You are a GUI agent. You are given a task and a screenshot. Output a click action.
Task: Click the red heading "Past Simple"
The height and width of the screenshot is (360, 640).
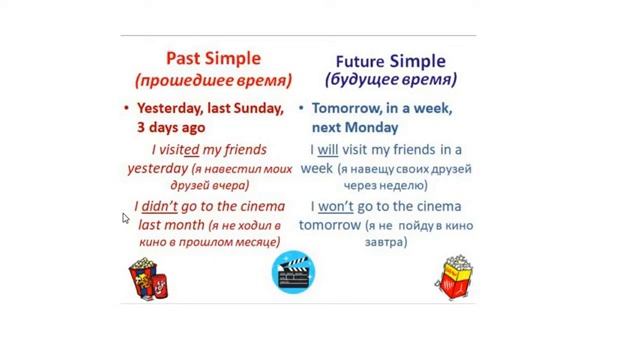(213, 59)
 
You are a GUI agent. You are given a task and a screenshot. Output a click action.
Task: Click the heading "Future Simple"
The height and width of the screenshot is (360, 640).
(390, 61)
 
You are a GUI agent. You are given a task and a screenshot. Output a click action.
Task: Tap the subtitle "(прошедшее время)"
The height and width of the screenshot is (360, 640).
(213, 80)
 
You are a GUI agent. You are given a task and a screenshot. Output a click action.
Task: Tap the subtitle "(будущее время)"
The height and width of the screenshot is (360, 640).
(390, 80)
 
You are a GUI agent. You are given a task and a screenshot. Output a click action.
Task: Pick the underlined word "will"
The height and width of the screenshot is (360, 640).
(328, 150)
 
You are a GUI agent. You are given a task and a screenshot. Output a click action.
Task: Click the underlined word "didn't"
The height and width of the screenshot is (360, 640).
(158, 207)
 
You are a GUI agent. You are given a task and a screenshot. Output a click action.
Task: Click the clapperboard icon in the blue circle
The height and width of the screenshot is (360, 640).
(293, 273)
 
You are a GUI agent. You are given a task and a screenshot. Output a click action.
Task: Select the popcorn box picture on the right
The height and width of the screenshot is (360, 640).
(454, 276)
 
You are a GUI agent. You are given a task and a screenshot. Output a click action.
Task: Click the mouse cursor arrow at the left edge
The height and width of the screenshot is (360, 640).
(126, 218)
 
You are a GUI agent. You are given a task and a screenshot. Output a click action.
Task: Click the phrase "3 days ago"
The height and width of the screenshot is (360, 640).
(171, 127)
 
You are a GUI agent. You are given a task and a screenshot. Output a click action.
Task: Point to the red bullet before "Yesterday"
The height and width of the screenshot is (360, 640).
(126, 108)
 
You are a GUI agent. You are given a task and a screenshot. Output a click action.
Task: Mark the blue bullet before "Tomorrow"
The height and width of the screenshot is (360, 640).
(302, 108)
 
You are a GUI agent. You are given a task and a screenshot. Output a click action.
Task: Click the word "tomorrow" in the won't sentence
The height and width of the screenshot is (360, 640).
(329, 225)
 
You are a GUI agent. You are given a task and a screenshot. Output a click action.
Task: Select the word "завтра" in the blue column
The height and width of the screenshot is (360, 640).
(385, 242)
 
